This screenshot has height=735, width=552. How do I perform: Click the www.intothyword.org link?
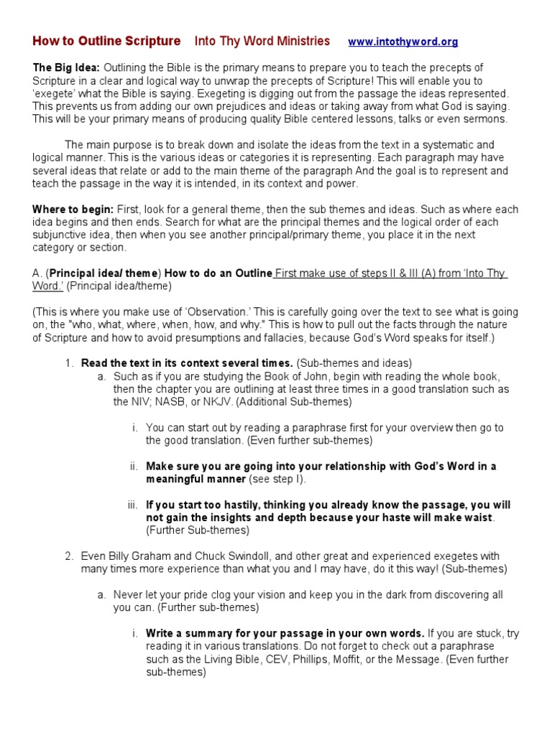402,42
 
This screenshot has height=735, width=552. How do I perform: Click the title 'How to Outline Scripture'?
106,41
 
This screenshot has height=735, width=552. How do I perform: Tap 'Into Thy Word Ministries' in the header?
262,41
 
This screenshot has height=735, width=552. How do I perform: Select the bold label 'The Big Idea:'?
66,67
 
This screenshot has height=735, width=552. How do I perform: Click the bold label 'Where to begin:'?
73,210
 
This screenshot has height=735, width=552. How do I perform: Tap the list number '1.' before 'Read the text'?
69,363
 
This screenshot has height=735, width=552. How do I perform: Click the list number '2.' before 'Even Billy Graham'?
69,556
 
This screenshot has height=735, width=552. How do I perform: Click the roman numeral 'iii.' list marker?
133,505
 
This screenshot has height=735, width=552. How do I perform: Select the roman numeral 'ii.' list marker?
134,466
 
